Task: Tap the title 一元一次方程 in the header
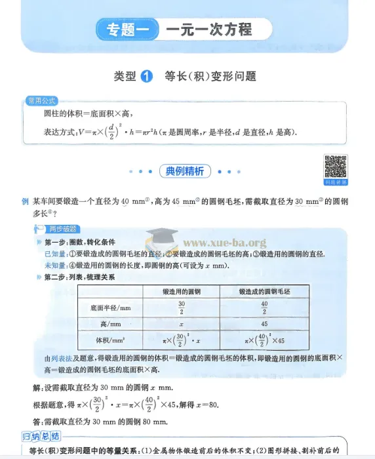point(208,30)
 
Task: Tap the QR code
point(335,167)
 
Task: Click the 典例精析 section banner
point(185,172)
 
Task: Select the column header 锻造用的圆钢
point(182,290)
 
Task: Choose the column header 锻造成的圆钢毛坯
point(264,290)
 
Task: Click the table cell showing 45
point(264,324)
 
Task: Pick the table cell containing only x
point(182,324)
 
